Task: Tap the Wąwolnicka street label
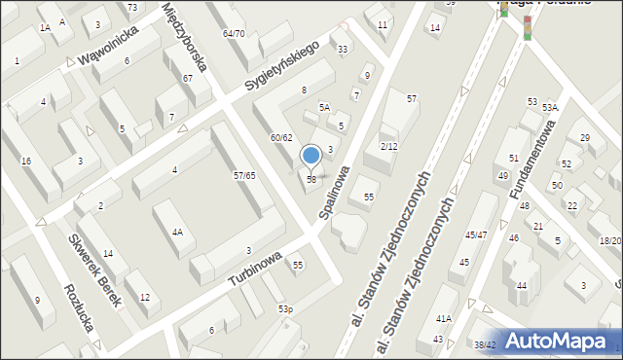110,45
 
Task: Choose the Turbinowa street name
256,268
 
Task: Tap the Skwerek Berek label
94,270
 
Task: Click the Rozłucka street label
78,307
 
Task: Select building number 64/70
233,33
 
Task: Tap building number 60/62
281,137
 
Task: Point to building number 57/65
244,175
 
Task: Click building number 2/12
388,146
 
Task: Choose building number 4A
176,233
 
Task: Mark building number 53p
285,308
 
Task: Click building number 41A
444,318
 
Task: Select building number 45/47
476,234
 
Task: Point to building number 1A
45,28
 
